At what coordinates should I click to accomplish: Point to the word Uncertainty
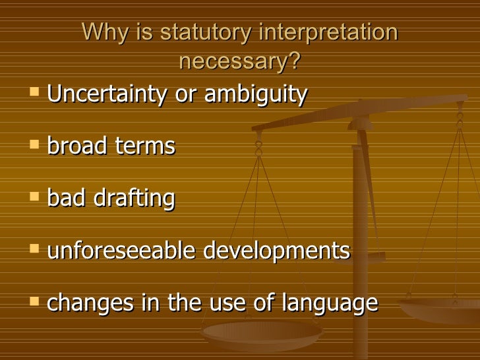point(107,95)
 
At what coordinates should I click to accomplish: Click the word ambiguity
point(256,95)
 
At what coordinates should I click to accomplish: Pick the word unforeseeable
point(121,251)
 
